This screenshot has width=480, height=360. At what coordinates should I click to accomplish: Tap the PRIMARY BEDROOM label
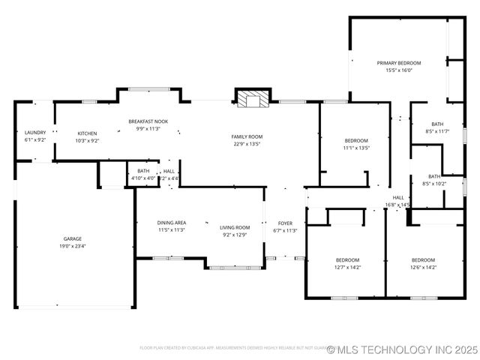[x=398, y=63]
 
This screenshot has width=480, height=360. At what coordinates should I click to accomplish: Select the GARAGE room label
[x=72, y=238]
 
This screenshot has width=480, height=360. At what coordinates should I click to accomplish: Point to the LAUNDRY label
[x=35, y=133]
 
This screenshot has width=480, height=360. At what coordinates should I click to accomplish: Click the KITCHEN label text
[x=87, y=133]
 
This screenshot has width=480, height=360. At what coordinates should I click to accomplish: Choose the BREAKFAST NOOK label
[x=148, y=121]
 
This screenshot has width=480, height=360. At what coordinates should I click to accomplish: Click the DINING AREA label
[x=171, y=223]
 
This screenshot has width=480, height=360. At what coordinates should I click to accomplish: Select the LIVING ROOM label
[x=235, y=227]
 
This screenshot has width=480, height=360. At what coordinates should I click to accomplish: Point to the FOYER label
[x=286, y=223]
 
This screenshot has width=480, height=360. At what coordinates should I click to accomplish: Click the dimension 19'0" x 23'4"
[x=72, y=246]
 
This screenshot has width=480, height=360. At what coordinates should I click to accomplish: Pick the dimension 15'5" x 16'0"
[x=398, y=70]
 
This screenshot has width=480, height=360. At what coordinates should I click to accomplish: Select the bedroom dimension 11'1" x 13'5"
[x=356, y=148]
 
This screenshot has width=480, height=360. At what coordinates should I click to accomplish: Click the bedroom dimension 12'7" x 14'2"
[x=347, y=267]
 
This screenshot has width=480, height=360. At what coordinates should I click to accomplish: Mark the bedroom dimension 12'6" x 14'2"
[x=424, y=267]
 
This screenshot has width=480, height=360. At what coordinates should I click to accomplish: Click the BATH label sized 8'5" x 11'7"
[x=437, y=124]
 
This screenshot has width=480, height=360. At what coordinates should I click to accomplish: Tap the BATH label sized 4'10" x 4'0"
[x=142, y=171]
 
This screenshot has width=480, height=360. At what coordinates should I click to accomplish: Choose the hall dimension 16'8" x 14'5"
[x=397, y=204]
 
